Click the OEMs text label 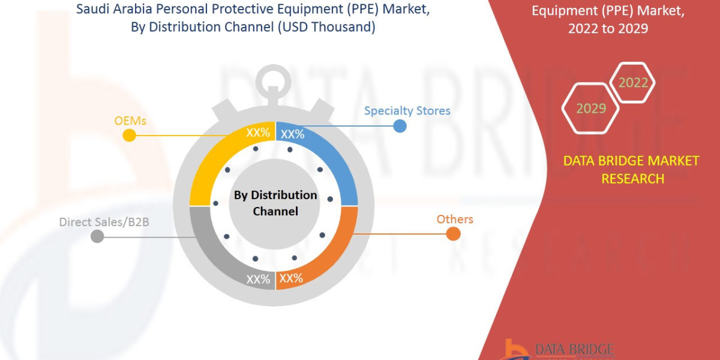pos(130,121)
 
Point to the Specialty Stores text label pos(407,110)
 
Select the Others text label pos(455,219)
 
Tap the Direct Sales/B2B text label pos(104,222)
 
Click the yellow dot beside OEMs pos(129,135)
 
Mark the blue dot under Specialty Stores pos(400,125)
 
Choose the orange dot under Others pos(454,234)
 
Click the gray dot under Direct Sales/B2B pos(97,236)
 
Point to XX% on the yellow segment pos(258,133)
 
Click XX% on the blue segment pos(293,134)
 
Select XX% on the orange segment pos(291,278)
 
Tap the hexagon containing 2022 pos(633,83)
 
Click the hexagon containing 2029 pos(590,109)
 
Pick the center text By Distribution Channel pos(275,203)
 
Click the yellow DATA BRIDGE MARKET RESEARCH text pos(631,170)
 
